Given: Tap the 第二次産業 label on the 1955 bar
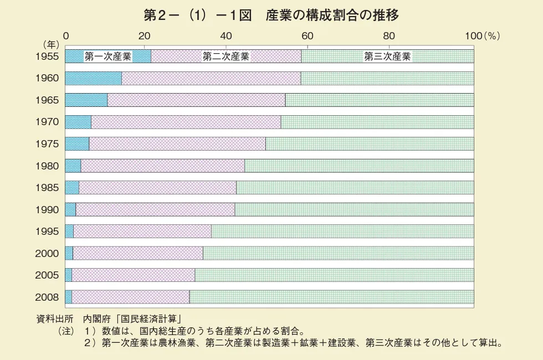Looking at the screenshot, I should click(x=226, y=56).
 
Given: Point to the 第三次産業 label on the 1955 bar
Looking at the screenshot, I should click(x=387, y=56).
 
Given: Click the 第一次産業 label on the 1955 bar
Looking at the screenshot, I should click(x=107, y=56).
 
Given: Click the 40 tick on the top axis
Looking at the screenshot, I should click(x=226, y=35).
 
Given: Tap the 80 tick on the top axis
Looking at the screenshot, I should click(x=389, y=35).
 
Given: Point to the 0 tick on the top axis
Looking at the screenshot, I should click(x=66, y=35).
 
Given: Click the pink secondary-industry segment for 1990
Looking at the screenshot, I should click(x=155, y=209).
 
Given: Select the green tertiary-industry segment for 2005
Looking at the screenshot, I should click(x=334, y=275).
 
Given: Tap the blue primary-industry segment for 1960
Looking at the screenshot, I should click(x=93, y=78).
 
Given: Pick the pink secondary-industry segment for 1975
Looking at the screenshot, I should click(x=177, y=143).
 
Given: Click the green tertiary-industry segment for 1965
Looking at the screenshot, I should click(x=380, y=100).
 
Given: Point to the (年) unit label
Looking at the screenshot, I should click(x=52, y=44).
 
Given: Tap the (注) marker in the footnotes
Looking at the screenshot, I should click(x=65, y=331).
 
